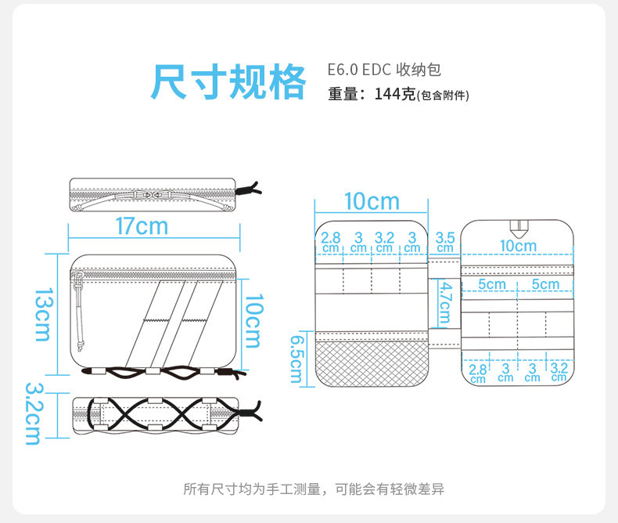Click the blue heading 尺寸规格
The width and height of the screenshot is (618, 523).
228,81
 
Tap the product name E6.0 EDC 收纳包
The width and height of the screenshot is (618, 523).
384,70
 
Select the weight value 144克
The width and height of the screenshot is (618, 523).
394,95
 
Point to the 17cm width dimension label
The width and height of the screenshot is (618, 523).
142,226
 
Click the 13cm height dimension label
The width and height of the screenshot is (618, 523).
41,313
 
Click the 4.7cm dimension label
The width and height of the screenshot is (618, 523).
444,303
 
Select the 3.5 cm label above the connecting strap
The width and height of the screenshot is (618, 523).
445,241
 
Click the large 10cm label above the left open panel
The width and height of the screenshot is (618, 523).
372,202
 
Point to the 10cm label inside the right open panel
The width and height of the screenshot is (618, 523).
519,246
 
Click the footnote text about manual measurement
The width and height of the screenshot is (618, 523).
314,489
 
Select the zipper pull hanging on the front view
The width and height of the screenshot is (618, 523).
80,305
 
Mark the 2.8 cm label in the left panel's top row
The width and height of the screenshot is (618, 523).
331,241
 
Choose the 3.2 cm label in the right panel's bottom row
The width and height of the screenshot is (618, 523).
559,371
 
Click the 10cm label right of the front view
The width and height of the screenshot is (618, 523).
253,321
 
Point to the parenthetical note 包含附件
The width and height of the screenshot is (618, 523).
444,96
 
